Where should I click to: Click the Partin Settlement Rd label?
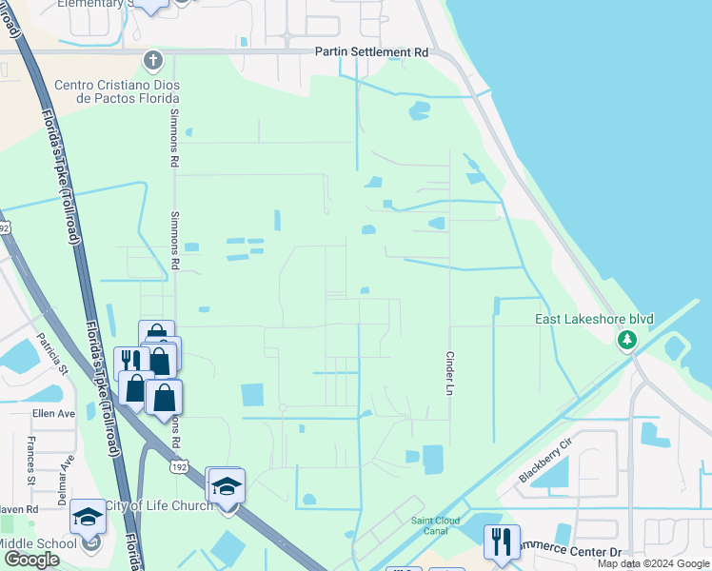(x=372, y=52)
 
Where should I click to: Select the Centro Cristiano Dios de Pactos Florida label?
(x=116, y=91)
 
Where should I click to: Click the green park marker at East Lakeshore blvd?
(x=626, y=339)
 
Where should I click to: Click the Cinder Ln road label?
(x=449, y=370)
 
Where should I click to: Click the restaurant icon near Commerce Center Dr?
(x=501, y=541)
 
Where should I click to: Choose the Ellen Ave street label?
(x=53, y=414)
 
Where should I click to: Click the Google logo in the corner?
(x=31, y=560)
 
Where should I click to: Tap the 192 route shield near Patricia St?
(x=4, y=227)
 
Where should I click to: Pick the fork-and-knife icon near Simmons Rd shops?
(x=130, y=363)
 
